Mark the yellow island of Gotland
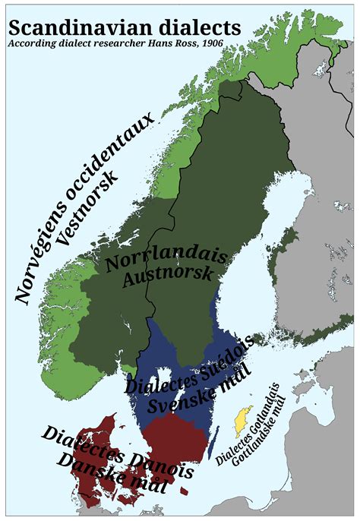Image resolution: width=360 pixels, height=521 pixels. (x=242, y=416)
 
